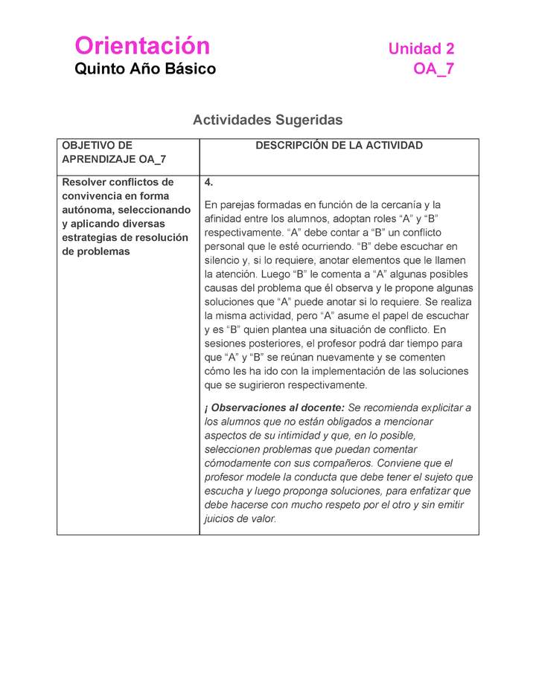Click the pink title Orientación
(x=142, y=46)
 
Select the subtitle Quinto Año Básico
(x=145, y=69)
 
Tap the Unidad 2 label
(x=421, y=49)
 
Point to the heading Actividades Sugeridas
(x=267, y=120)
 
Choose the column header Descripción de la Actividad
(x=339, y=146)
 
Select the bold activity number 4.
(x=208, y=182)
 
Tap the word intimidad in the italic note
(x=312, y=435)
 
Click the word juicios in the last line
(x=220, y=519)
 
